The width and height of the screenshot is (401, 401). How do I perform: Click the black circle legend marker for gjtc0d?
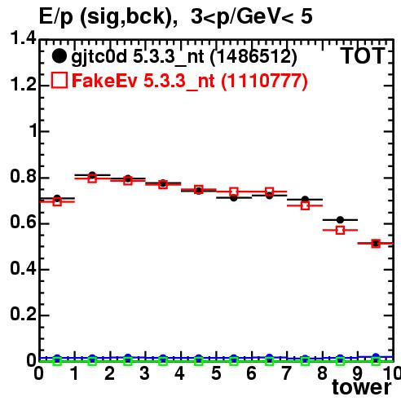tap(59, 56)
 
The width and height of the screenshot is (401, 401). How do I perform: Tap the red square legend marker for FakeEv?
tap(59, 81)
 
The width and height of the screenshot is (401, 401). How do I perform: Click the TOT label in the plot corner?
tap(363, 56)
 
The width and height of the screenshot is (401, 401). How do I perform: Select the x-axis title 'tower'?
tap(362, 387)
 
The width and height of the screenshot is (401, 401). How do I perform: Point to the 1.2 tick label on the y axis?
tap(23, 85)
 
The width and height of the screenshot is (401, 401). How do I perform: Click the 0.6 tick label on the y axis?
tap(23, 223)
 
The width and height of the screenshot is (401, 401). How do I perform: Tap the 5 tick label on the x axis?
tap(216, 373)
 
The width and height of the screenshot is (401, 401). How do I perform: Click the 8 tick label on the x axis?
tap(322, 373)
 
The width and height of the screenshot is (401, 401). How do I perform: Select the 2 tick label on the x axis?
tap(109, 373)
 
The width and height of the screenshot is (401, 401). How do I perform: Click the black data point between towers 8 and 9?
tap(340, 219)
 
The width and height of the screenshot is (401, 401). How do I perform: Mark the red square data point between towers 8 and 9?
tap(340, 230)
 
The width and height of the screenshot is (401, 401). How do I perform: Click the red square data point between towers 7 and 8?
tap(305, 205)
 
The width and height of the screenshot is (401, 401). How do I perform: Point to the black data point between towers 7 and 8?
tap(305, 200)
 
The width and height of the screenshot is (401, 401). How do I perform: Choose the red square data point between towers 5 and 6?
tap(234, 192)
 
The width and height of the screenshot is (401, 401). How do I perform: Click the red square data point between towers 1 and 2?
tap(92, 178)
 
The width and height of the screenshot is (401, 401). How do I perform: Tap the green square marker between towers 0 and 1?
tap(57, 361)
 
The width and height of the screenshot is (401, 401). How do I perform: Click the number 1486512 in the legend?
tap(253, 56)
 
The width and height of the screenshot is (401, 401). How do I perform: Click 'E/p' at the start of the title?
tap(56, 17)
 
